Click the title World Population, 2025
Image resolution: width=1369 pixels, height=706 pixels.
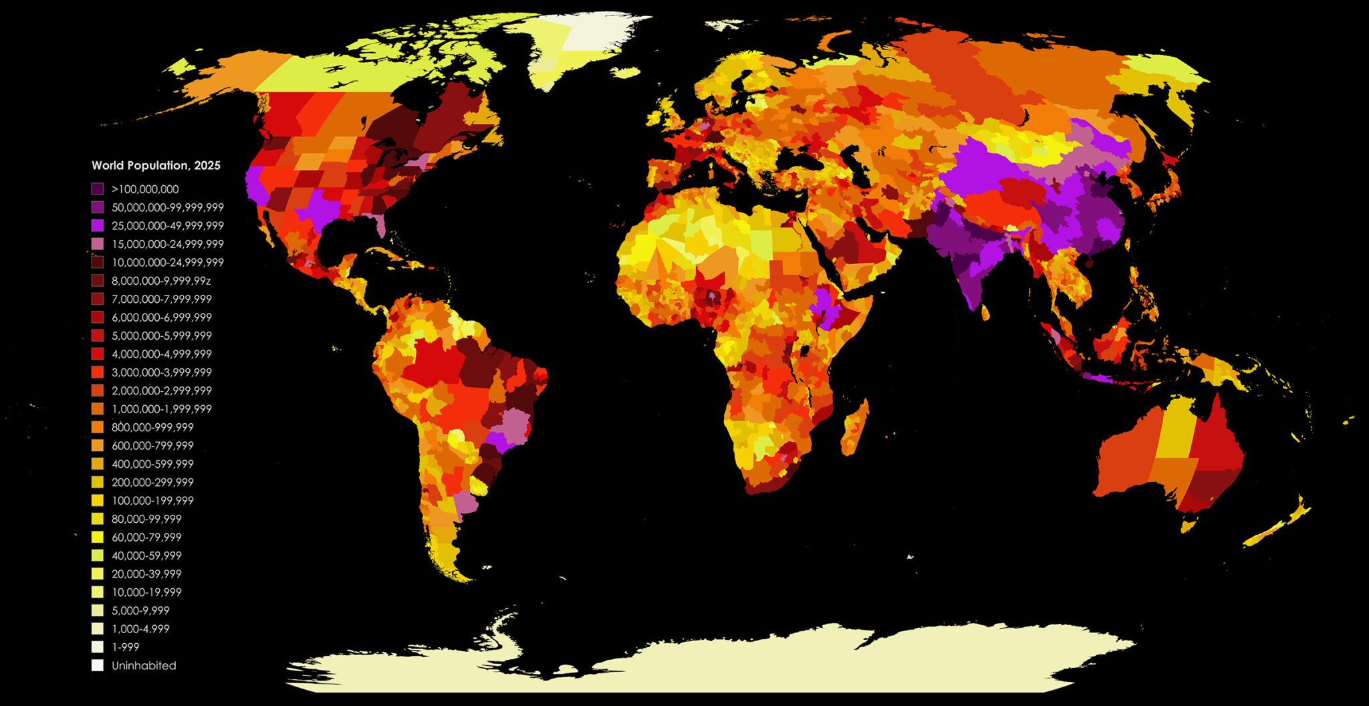156,165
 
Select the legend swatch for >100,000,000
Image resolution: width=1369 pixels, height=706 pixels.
98,189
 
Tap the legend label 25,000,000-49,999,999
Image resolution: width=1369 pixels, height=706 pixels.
167,226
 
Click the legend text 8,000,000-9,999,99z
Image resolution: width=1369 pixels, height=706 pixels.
160,281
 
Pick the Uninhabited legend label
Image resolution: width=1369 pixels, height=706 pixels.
144,666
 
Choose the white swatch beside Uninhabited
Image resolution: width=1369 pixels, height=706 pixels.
98,666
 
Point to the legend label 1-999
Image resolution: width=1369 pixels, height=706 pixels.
125,647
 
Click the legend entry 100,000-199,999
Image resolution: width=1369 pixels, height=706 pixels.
152,501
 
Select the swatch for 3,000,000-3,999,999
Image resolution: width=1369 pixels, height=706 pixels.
98,372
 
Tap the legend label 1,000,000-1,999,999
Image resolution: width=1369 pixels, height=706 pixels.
161,409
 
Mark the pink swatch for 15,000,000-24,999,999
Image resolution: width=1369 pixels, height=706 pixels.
98,244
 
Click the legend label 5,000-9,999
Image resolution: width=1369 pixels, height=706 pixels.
140,610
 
